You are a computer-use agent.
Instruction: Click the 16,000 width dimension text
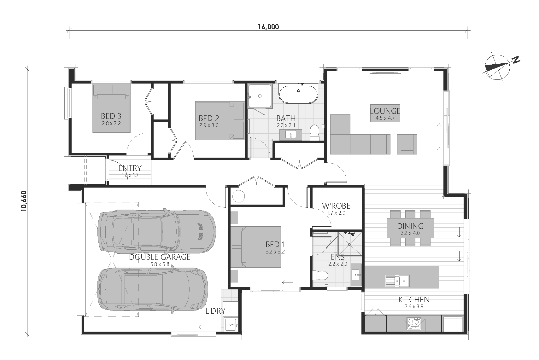click(268, 27)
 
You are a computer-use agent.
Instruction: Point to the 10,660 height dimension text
click(24, 201)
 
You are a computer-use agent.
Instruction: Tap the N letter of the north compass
click(516, 60)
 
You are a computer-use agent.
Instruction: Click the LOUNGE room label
click(385, 111)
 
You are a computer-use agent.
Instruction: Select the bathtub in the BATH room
click(298, 94)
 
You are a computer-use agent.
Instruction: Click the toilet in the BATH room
click(314, 132)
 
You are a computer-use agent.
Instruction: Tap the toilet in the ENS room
click(320, 275)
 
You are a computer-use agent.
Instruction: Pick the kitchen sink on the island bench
click(397, 281)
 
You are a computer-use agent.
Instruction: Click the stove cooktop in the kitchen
click(414, 324)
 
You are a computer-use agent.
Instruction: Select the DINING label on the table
click(410, 226)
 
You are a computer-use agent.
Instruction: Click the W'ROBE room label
click(336, 206)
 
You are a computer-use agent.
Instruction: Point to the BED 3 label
click(111, 116)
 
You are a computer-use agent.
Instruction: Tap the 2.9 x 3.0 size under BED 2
click(209, 125)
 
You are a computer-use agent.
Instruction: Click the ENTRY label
click(130, 168)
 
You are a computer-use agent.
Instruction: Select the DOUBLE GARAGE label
click(160, 257)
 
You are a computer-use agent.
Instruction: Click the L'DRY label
click(215, 311)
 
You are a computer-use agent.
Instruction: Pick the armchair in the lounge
click(407, 144)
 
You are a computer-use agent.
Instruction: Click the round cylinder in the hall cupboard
click(238, 196)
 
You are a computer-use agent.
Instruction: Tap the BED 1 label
click(275, 245)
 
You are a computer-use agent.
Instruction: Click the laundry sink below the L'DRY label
click(231, 325)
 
